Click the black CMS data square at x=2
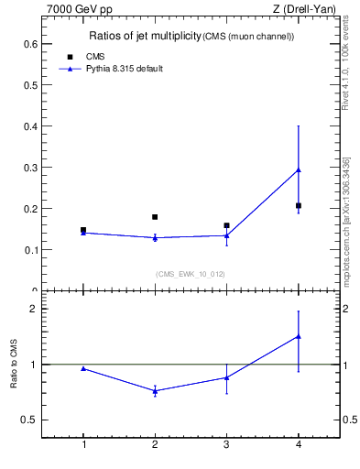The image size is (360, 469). [155, 217]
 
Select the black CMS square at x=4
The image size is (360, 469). [299, 205]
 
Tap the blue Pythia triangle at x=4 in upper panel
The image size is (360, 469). [299, 170]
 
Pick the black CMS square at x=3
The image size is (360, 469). [226, 225]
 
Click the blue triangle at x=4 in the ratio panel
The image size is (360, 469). [299, 336]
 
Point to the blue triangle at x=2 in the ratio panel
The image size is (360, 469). [155, 391]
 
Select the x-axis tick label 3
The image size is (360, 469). [226, 445]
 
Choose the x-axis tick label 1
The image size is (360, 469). [83, 445]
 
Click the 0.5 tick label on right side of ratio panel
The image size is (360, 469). [348, 420]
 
